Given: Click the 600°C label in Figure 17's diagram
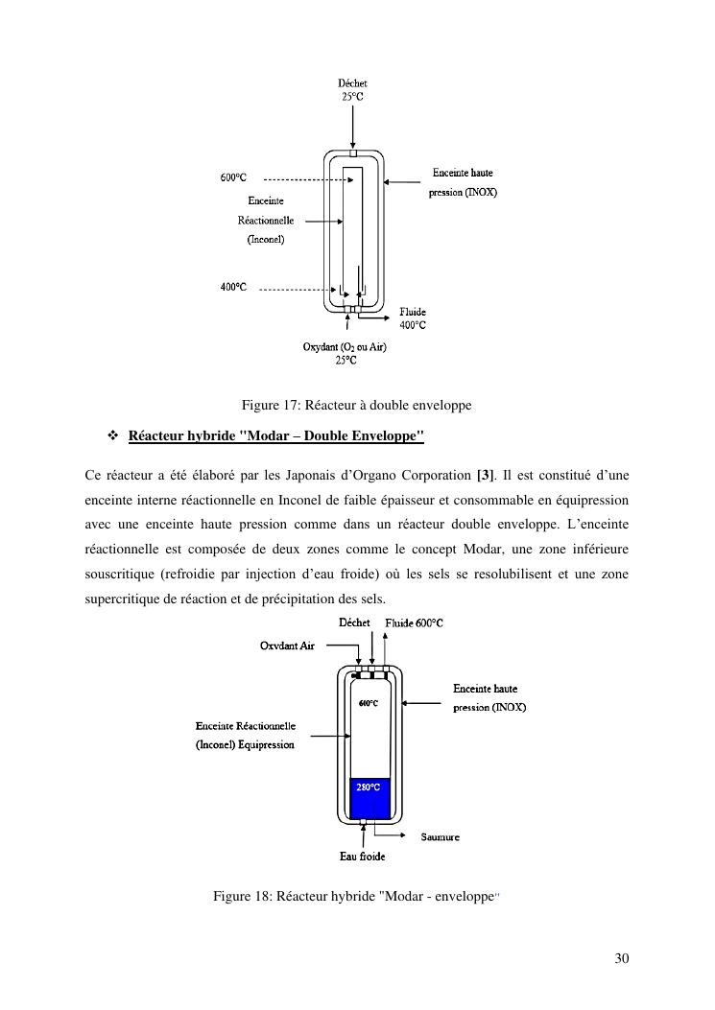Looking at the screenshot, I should pos(233,178).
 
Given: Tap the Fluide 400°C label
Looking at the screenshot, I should pos(413,318).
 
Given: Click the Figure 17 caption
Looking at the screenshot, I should pos(357,406).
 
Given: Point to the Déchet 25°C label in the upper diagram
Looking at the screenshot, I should pos(353,89).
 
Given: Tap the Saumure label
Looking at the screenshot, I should pos(440,837).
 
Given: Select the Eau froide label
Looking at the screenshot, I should pos(363,857).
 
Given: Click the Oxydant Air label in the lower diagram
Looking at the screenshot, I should pos(287,646).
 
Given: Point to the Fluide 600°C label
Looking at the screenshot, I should pos(414,623).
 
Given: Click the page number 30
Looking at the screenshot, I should pos(621,958).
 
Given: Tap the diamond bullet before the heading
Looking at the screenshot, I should pos(111,436).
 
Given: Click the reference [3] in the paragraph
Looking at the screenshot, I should pos(485,476).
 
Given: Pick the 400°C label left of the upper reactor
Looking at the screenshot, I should pos(233,287).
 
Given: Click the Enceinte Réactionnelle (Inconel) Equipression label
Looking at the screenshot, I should pos(245,735).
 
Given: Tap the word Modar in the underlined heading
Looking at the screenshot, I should pos(274,436).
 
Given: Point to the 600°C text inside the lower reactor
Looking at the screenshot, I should pos(369,703).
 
